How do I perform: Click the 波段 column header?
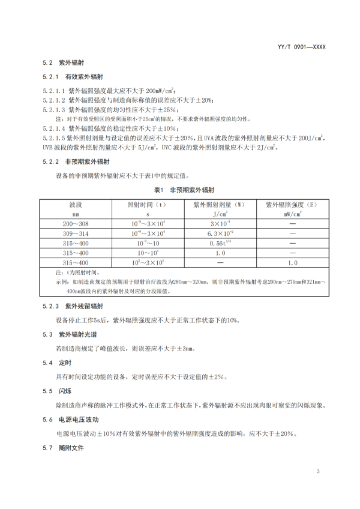(76, 205)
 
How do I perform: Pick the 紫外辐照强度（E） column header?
(293, 205)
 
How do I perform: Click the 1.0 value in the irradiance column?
(293, 263)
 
